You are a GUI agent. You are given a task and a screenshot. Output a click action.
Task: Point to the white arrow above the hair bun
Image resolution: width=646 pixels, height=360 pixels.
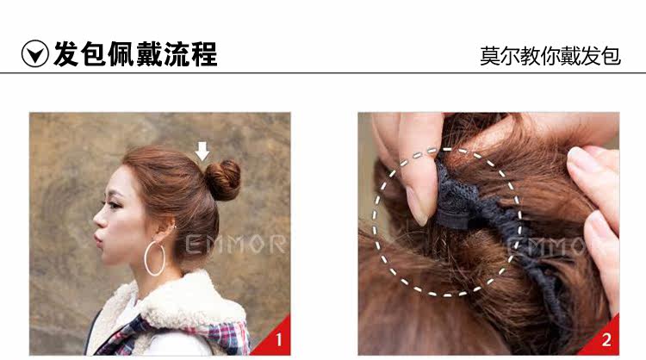pyautogui.click(x=202, y=151)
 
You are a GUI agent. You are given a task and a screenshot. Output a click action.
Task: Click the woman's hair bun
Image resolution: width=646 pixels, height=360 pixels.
pyautogui.click(x=223, y=179)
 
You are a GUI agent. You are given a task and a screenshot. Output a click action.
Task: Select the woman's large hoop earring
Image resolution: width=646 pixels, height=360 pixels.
pyautogui.click(x=156, y=258)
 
